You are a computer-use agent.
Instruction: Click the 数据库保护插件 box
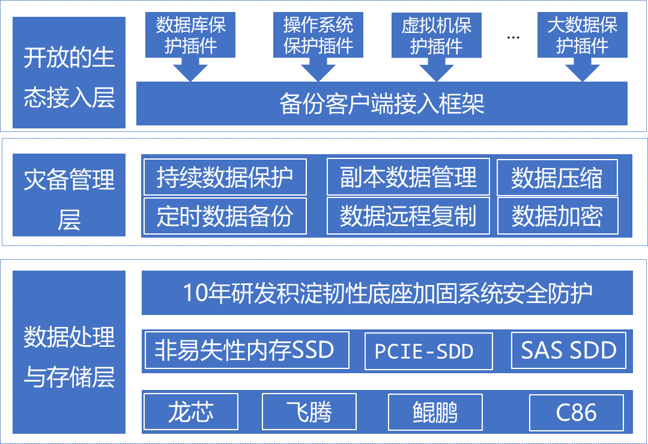click(x=190, y=35)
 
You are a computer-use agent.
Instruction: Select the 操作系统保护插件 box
click(x=318, y=35)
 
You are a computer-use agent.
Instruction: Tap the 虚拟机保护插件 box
click(x=437, y=35)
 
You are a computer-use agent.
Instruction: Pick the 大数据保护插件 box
click(x=583, y=35)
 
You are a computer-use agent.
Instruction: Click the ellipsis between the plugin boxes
click(x=513, y=38)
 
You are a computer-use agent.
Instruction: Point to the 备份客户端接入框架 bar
click(x=382, y=103)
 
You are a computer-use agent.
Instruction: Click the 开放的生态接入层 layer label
click(x=69, y=73)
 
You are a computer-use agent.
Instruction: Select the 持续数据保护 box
click(x=225, y=177)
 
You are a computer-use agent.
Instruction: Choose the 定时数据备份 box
click(x=225, y=216)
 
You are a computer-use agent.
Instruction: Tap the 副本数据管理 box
click(x=408, y=177)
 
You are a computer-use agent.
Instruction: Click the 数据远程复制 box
click(x=408, y=215)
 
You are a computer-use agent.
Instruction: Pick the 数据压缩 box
click(x=557, y=178)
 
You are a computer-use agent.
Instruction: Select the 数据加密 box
click(x=557, y=216)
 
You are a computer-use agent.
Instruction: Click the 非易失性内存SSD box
click(x=247, y=350)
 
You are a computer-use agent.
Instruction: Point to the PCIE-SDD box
click(x=429, y=351)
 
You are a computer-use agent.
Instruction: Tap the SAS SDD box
click(x=569, y=350)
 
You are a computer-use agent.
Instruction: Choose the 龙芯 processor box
click(x=191, y=412)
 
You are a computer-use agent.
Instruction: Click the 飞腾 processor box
click(x=309, y=412)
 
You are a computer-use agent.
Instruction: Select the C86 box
click(x=577, y=413)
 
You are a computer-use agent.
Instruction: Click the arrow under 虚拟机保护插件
click(x=437, y=70)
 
